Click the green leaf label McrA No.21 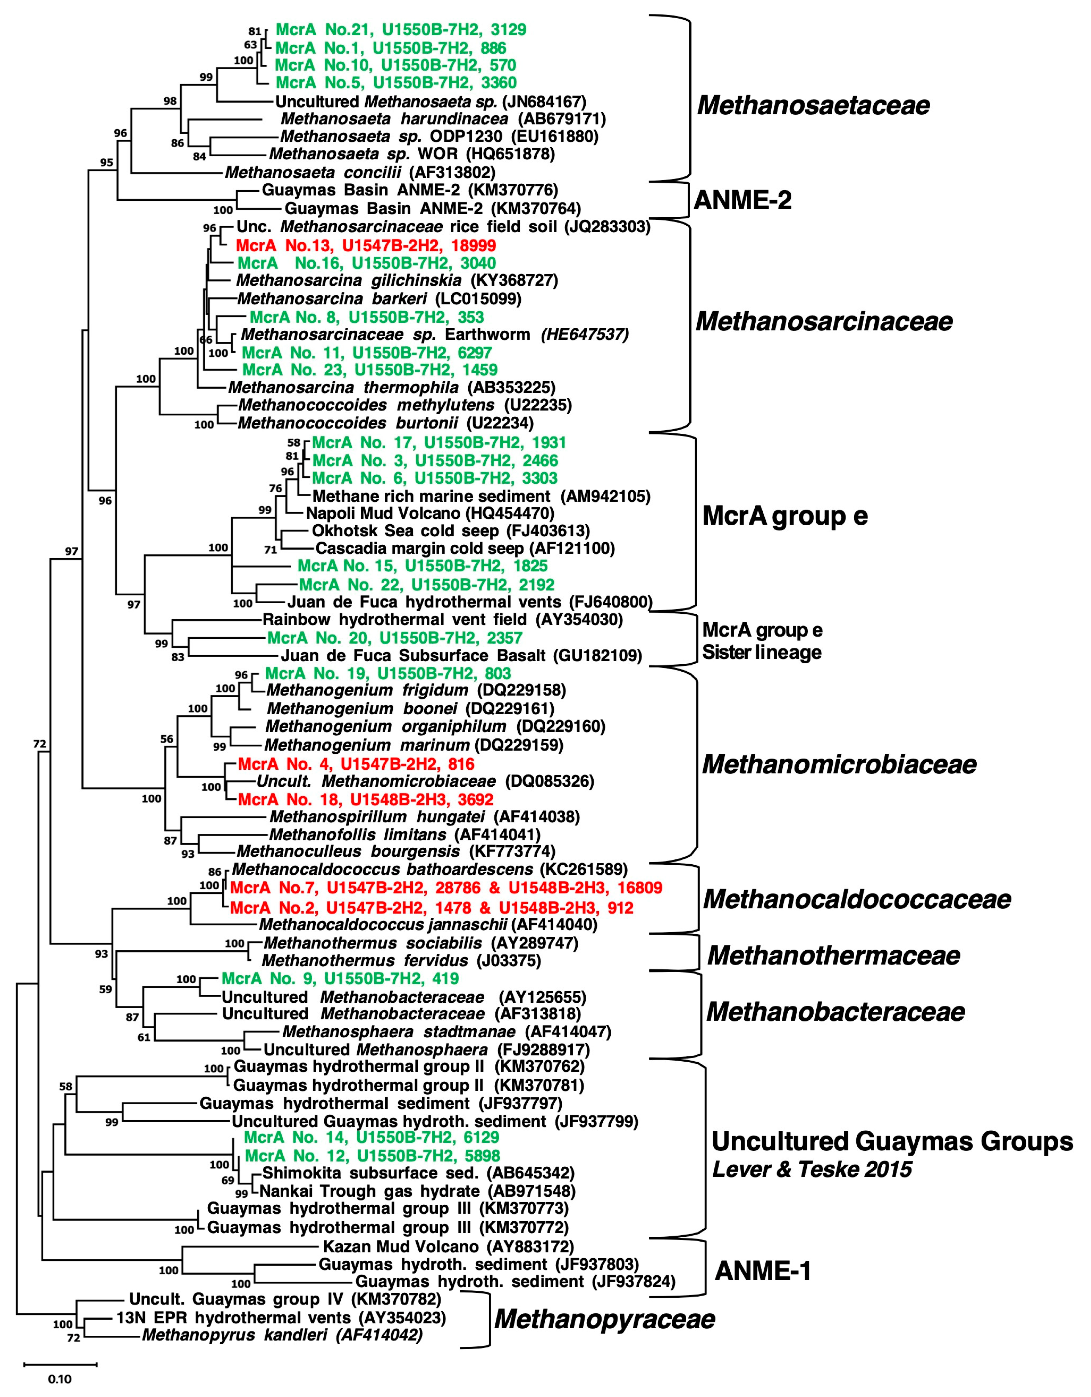[400, 29]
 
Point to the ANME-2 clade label [742, 200]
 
